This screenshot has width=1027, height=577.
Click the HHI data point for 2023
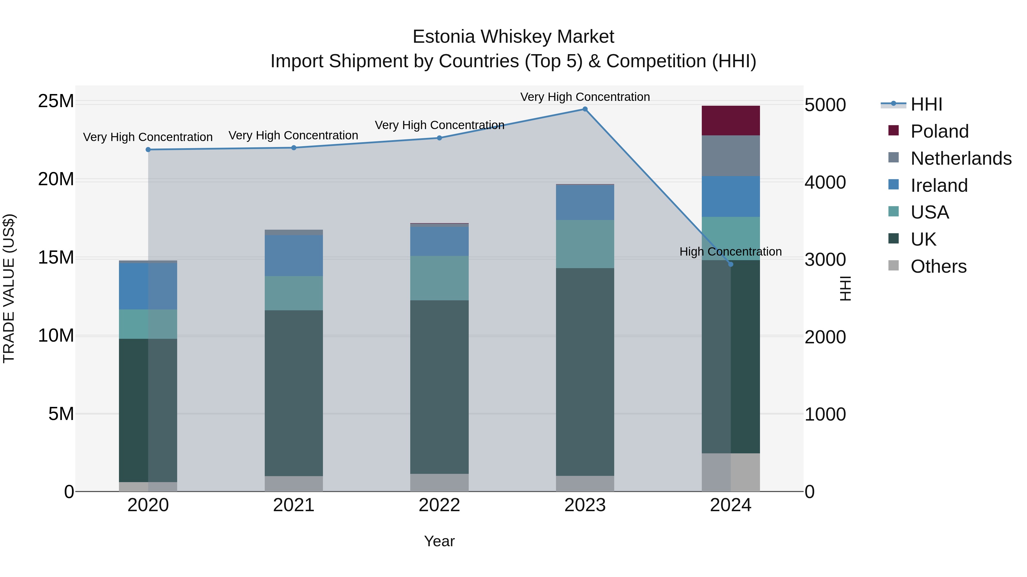585,109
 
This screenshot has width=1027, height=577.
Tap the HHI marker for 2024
730,264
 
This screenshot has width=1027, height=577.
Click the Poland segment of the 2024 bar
730,121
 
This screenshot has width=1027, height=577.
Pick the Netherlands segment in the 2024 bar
730,156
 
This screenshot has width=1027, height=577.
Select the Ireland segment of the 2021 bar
294,256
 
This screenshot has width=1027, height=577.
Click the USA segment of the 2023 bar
585,244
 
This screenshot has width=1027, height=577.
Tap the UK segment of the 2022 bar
439,387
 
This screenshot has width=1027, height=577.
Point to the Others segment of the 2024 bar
730,472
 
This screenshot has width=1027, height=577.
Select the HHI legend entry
926,104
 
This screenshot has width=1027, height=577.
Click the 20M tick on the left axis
56,179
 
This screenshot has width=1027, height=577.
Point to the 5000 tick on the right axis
825,105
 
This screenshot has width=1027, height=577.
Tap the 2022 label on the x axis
439,505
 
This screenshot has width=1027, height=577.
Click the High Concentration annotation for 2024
730,252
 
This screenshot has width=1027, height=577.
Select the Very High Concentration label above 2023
585,97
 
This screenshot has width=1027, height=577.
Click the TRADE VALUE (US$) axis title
9,288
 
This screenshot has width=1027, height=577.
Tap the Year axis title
439,541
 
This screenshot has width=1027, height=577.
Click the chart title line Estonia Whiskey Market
513,37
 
